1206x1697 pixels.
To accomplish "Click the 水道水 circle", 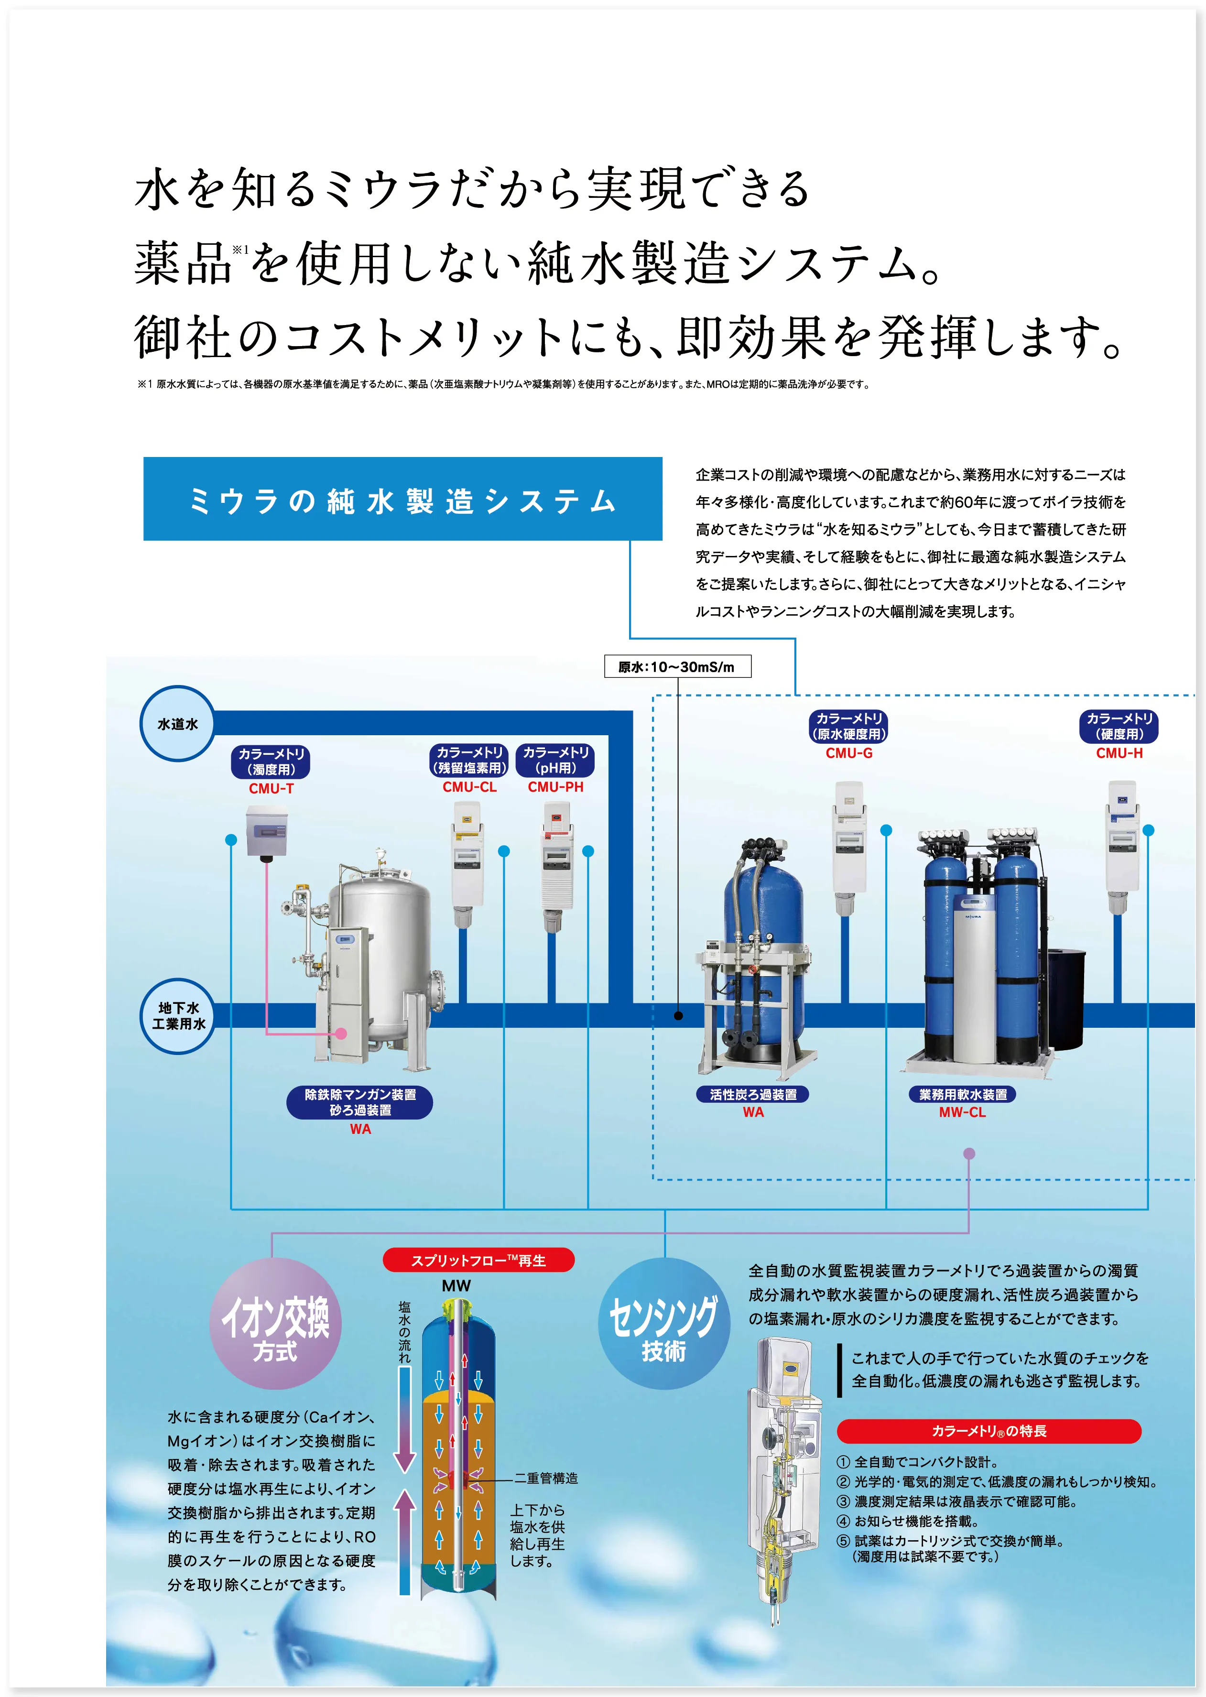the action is click(177, 723).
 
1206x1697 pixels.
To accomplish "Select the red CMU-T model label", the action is click(271, 789).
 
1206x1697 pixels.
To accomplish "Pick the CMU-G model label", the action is click(849, 753).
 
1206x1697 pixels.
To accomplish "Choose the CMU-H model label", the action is click(1119, 753).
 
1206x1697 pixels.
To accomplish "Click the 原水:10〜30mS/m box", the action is click(677, 666).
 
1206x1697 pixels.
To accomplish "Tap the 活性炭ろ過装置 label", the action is click(753, 1094).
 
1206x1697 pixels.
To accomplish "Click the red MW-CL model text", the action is click(962, 1112).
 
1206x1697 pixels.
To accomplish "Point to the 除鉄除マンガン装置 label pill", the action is click(360, 1102).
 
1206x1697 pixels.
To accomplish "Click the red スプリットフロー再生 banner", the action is click(478, 1260).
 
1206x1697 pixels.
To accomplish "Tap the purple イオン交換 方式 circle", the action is click(275, 1324).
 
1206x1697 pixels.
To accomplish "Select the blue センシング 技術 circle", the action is click(664, 1324).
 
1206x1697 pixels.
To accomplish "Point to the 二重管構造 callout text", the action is click(546, 1479).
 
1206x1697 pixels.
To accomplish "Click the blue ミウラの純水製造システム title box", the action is click(402, 498).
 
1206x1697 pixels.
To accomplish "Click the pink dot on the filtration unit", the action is click(341, 1033).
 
